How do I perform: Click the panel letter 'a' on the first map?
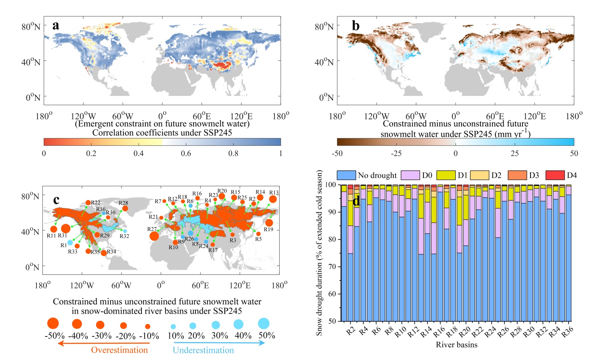click(x=56, y=26)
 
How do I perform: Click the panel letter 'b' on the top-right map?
click(x=355, y=26)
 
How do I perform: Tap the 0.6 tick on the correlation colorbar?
click(x=186, y=153)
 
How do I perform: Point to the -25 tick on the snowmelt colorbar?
click(x=396, y=153)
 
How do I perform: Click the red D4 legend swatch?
click(x=555, y=175)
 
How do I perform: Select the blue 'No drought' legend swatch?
click(x=346, y=175)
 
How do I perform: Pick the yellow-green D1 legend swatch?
click(x=446, y=175)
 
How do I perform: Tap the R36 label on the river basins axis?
click(x=567, y=332)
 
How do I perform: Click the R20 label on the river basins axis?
click(x=464, y=332)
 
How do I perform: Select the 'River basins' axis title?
click(x=456, y=345)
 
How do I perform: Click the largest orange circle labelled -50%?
click(x=53, y=324)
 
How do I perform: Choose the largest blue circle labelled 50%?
click(x=263, y=323)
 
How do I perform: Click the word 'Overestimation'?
click(x=119, y=350)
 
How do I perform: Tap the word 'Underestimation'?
click(x=203, y=350)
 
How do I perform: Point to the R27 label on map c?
click(x=152, y=229)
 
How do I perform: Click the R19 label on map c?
click(x=268, y=230)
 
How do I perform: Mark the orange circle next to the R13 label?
click(x=273, y=199)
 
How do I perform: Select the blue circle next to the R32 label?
click(x=125, y=231)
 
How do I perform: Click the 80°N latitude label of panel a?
click(x=31, y=27)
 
